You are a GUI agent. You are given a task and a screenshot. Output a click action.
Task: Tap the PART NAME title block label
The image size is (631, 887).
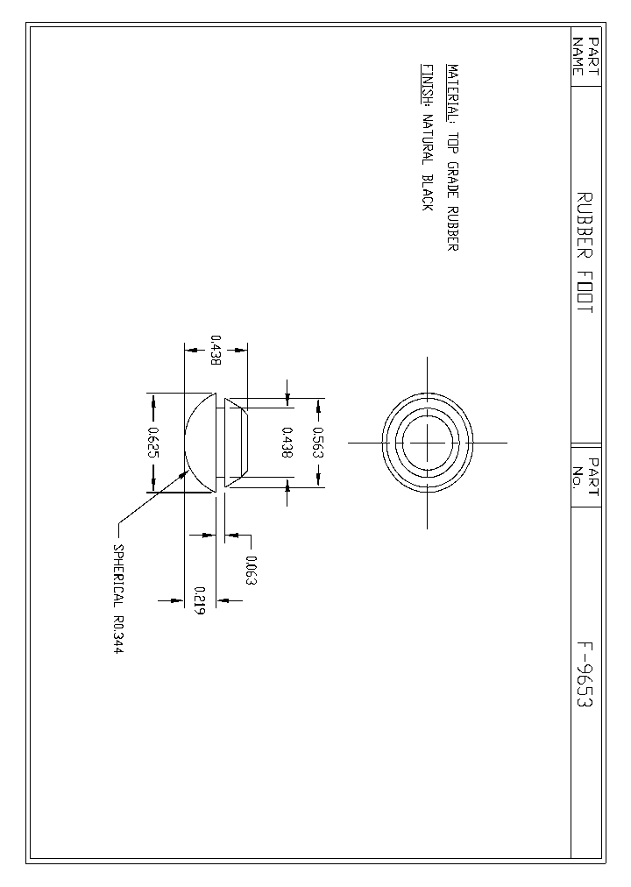[585, 56]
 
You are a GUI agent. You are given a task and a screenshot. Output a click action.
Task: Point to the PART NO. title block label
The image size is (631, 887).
[585, 474]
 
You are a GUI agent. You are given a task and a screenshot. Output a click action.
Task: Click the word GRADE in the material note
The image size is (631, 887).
[452, 181]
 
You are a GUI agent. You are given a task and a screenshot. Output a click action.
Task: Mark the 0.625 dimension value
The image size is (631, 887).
[153, 443]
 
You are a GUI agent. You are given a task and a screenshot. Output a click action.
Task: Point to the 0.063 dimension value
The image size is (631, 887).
[251, 571]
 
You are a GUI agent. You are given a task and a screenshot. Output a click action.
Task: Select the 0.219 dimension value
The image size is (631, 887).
[200, 600]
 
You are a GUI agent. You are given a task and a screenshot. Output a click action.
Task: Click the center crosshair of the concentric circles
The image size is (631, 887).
[427, 443]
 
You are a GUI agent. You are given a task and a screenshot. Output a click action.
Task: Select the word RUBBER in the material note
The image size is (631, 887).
[452, 230]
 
